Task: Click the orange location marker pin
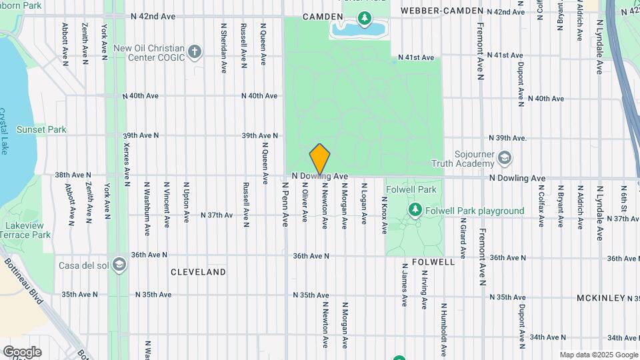point(320,159)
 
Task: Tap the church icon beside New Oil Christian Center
point(195,51)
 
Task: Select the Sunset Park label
point(41,129)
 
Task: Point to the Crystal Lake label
point(4,132)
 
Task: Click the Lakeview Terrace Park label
point(25,231)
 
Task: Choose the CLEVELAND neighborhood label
point(198,272)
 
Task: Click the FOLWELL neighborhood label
point(433,262)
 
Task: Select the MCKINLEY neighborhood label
point(601,298)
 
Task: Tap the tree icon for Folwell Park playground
point(415,211)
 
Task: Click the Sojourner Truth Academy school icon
point(505,158)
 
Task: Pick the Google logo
point(22,352)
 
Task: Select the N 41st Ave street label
point(416,57)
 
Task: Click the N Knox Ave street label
point(384,215)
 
